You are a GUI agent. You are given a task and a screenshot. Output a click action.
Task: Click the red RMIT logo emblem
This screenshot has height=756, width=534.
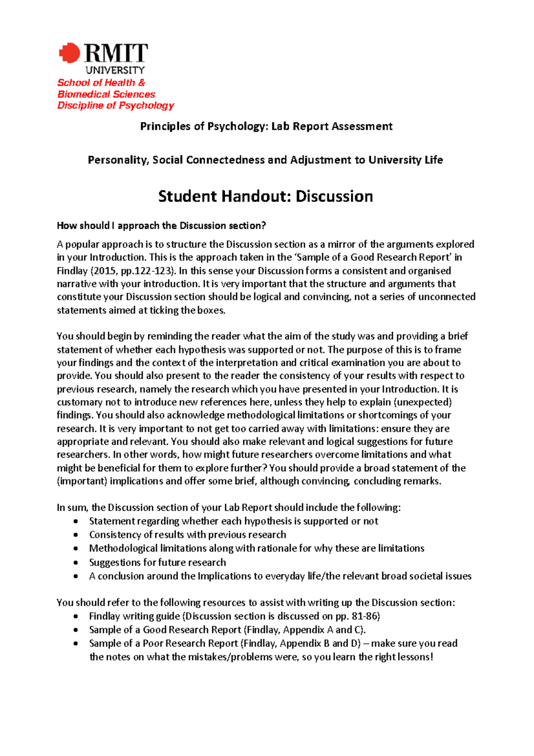tap(70, 53)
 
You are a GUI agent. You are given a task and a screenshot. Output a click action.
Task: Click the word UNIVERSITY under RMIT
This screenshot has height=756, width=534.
tap(115, 70)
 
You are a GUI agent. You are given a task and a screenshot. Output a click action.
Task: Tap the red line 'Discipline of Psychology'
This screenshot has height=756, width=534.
tap(115, 106)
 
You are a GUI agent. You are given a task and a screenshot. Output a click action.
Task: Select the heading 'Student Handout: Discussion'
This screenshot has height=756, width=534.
tap(266, 196)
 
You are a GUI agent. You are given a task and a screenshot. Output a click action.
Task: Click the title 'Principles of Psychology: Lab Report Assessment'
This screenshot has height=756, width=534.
tap(266, 126)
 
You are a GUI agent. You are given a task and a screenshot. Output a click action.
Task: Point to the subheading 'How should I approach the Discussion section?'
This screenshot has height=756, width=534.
tap(161, 226)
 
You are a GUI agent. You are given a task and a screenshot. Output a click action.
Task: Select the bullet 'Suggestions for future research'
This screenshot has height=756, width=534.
tap(158, 562)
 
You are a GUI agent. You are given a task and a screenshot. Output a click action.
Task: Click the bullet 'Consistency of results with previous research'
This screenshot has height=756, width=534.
tap(187, 535)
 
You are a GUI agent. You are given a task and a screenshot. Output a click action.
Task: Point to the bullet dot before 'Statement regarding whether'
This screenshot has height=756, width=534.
tap(77, 521)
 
